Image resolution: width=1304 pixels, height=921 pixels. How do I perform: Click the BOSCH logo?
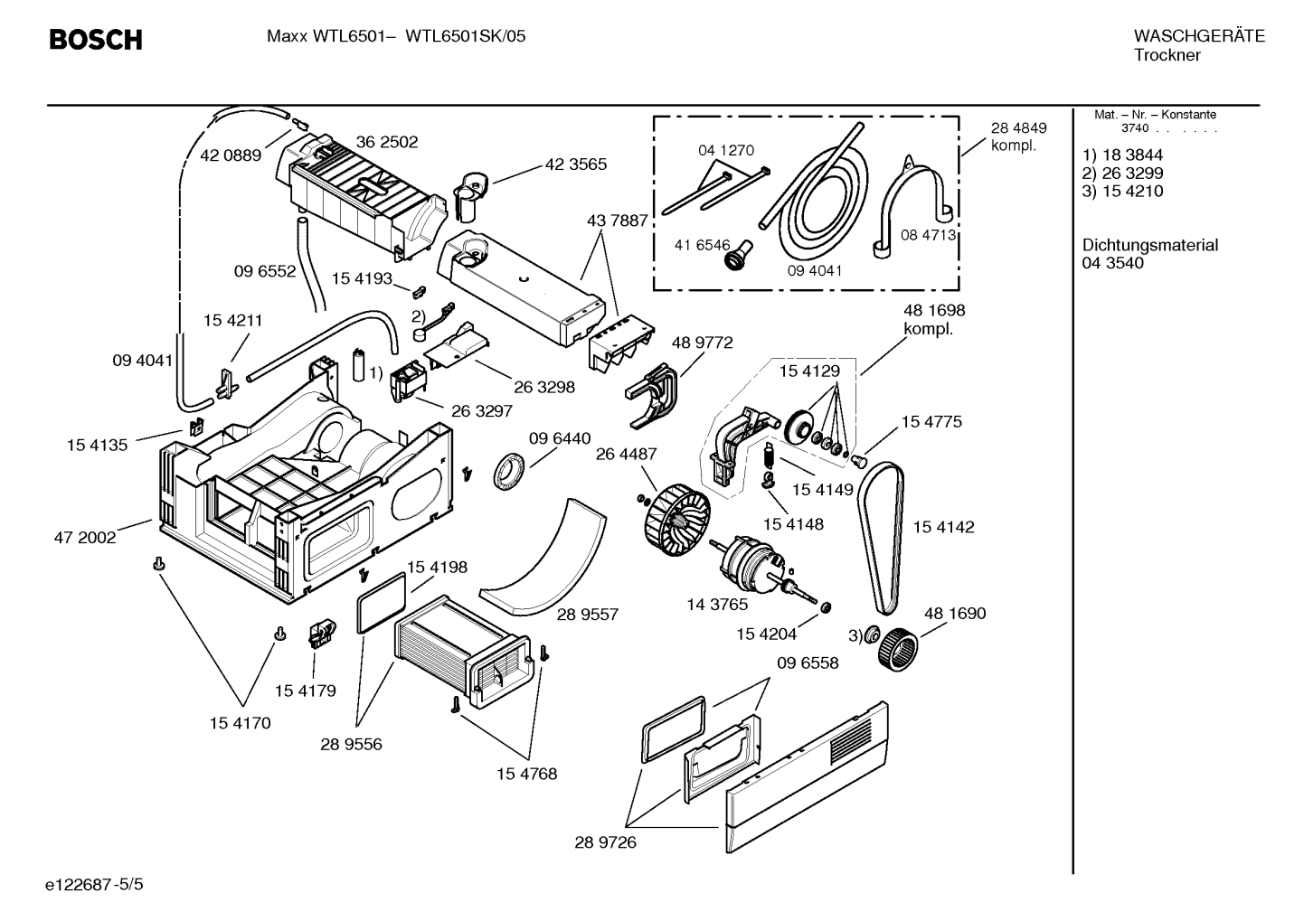pos(96,40)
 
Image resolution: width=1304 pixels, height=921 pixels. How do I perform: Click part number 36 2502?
pos(387,142)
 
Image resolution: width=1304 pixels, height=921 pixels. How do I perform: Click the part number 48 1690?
pos(955,613)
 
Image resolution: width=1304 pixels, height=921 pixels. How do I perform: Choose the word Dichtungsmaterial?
pos(1149,245)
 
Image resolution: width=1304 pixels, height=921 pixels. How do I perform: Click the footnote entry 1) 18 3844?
pos(1122,155)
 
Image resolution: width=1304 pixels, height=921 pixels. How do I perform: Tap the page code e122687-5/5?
pos(94,885)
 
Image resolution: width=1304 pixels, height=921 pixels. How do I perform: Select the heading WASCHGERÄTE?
pos(1199,36)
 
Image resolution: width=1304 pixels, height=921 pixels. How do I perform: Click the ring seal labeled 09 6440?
pos(509,469)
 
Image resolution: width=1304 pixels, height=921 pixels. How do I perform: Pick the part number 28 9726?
pos(606,842)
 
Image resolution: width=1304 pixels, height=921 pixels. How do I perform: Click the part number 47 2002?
pos(85,538)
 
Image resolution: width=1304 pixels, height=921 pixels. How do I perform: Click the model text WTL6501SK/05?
pos(465,37)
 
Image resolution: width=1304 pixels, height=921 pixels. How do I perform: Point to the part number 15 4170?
pos(241,723)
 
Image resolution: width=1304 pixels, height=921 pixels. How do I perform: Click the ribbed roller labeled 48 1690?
pos(897,649)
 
